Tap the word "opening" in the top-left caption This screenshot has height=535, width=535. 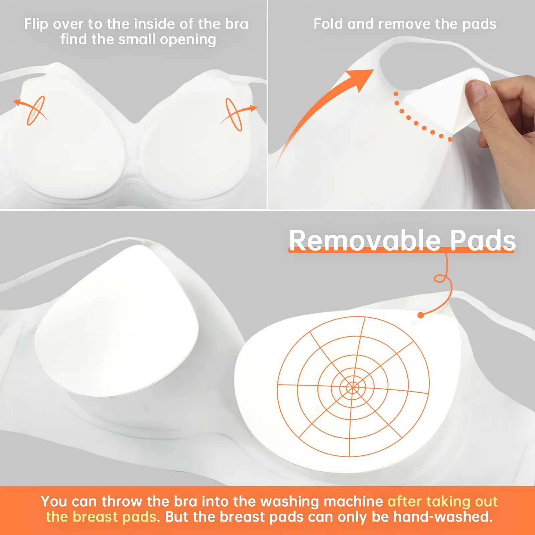[x=188, y=39]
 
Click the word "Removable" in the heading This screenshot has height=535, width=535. [x=365, y=240]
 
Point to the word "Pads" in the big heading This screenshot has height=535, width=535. [x=483, y=240]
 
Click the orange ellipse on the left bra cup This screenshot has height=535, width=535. [x=36, y=111]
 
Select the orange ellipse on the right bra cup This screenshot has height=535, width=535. [x=234, y=114]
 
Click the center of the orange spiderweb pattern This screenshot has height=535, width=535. [x=353, y=388]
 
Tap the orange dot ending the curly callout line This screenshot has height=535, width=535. [x=421, y=315]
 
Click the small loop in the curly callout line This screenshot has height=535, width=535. [x=440, y=278]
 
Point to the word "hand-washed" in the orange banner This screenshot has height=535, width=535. [x=442, y=517]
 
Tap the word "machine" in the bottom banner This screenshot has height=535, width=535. [x=353, y=502]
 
